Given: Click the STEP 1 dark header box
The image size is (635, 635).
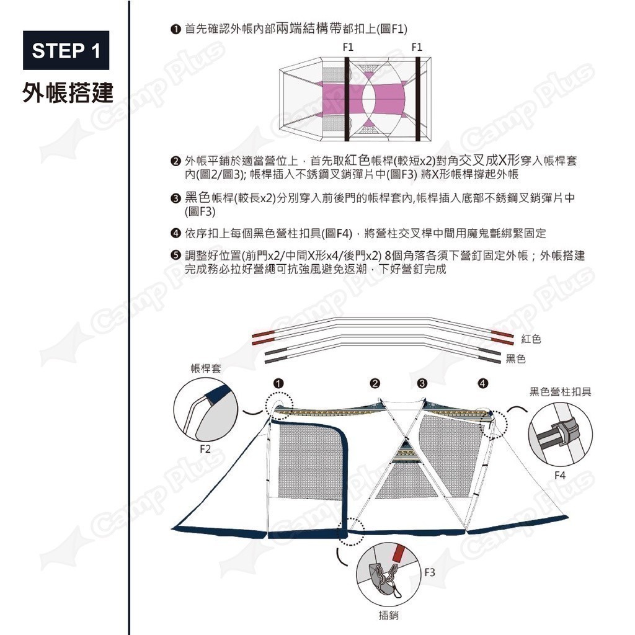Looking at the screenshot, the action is click(66, 50).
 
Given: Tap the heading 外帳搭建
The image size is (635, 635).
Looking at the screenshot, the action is click(67, 93).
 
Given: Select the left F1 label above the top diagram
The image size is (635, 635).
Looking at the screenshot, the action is click(348, 47).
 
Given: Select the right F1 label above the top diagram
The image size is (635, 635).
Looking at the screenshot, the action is click(417, 47).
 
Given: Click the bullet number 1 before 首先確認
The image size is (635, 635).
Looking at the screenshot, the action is click(175, 29).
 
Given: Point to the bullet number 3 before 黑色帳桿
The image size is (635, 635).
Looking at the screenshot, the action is click(175, 198).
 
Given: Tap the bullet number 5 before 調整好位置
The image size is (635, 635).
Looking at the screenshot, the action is click(175, 255).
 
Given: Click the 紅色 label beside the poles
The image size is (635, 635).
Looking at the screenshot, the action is click(531, 339).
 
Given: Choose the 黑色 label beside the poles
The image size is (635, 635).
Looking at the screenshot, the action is click(515, 358).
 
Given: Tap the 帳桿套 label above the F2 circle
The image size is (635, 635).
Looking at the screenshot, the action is click(206, 368).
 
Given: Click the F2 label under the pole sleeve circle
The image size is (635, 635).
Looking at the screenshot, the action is click(205, 449).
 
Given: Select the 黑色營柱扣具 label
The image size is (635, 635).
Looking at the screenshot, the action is click(561, 392).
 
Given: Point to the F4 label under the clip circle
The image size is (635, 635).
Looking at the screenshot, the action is click(560, 475).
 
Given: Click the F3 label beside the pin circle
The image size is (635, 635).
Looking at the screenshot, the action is click(430, 572).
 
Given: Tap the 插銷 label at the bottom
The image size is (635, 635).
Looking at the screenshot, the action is click(389, 615).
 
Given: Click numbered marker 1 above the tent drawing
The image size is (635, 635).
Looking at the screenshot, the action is click(278, 383).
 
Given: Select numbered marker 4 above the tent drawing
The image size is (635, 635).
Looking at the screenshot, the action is click(482, 383).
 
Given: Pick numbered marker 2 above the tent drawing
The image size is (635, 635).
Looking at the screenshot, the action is click(375, 383).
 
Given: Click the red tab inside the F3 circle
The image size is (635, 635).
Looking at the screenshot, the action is click(399, 553).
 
